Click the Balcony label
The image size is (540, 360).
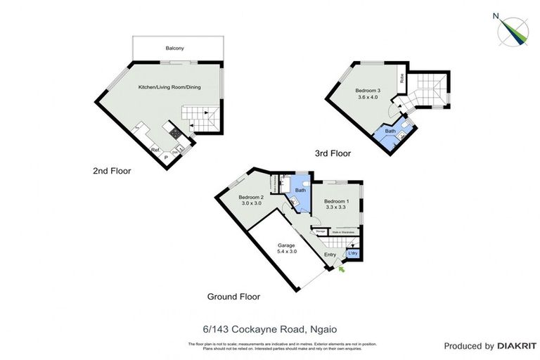pyautogui.click(x=175, y=48)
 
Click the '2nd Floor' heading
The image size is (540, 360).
pyautogui.click(x=112, y=171)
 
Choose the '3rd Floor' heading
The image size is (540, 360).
pyautogui.click(x=332, y=153)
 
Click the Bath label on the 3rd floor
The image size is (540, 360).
pyautogui.click(x=390, y=131)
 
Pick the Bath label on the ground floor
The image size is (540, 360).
pyautogui.click(x=300, y=190)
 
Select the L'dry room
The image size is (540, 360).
pyautogui.click(x=354, y=254)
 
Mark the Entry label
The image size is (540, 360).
pyautogui.click(x=329, y=255)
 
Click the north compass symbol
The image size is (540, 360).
pyautogui.click(x=513, y=30)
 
